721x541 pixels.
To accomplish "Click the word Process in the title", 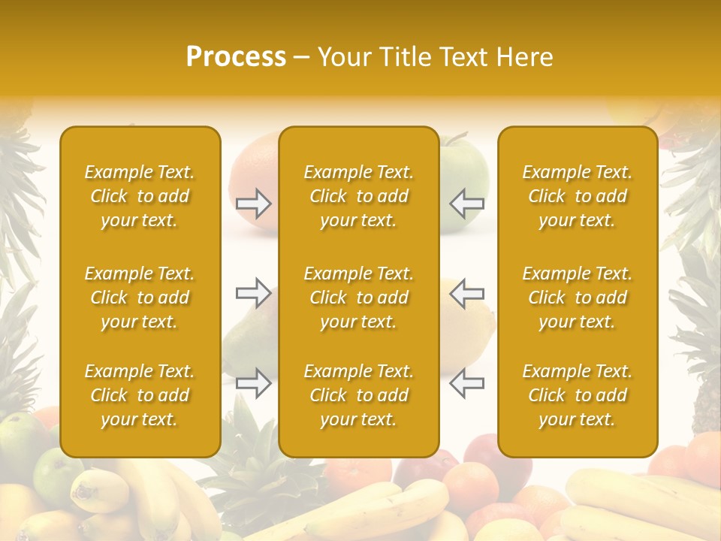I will [x=236, y=57].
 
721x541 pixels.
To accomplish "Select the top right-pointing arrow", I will [x=254, y=203].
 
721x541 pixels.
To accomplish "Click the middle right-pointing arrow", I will [x=254, y=292].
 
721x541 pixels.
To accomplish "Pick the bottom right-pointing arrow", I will [x=254, y=382].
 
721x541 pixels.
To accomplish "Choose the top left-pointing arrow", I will [x=466, y=203].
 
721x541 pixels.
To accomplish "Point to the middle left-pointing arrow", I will [x=466, y=292].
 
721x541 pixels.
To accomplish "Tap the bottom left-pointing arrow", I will [x=466, y=382].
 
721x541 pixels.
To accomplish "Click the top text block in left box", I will [x=140, y=196].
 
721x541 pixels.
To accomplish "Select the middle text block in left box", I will [x=140, y=298].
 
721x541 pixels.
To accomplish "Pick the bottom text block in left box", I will [x=140, y=395].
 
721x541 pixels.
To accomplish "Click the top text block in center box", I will [x=358, y=196].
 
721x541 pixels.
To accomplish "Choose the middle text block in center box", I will [x=358, y=298].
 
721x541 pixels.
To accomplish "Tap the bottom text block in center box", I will [x=358, y=395].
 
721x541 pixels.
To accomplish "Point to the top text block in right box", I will [x=577, y=196].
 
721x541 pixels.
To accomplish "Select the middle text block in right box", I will [x=577, y=298].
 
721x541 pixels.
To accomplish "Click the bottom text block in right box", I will [x=577, y=395].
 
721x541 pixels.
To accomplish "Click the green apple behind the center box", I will [x=464, y=169].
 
